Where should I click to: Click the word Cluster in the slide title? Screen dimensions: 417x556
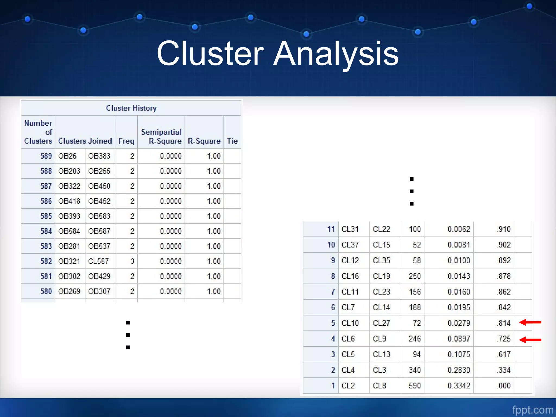click(210, 53)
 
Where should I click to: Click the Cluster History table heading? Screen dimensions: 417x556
click(131, 108)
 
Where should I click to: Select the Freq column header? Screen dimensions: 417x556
click(126, 141)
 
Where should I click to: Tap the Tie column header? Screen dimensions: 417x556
click(232, 141)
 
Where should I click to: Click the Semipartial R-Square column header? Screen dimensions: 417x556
click(161, 136)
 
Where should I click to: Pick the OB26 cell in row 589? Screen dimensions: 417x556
click(67, 156)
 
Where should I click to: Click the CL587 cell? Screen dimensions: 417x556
click(98, 261)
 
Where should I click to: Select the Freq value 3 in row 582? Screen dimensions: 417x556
click(132, 261)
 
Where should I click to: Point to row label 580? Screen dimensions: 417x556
click(46, 291)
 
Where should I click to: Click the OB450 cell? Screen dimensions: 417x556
click(99, 186)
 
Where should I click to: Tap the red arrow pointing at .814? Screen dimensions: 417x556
click(530, 322)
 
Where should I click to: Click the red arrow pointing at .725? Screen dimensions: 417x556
click(530, 340)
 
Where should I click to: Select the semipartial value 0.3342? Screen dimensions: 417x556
click(459, 386)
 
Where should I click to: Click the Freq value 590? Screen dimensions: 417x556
click(415, 386)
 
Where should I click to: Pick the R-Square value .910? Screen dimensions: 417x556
click(504, 229)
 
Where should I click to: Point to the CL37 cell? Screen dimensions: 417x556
click(350, 245)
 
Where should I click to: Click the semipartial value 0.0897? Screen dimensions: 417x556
click(459, 339)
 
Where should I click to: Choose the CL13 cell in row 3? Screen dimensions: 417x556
click(381, 354)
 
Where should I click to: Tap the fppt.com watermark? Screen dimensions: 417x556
click(533, 410)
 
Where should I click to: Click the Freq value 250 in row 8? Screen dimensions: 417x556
click(415, 276)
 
